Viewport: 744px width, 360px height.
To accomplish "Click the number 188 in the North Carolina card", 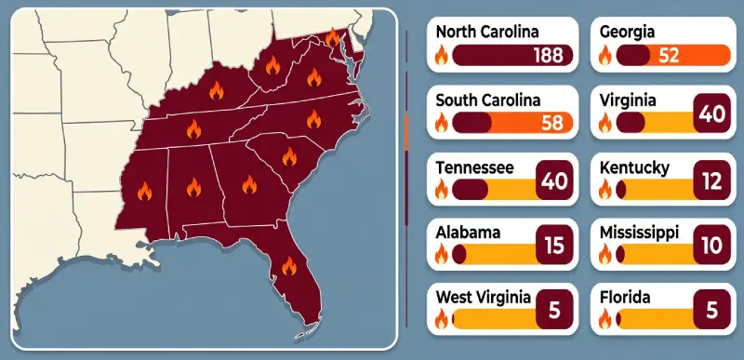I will (549, 55).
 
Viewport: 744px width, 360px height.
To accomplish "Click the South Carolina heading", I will (488, 99).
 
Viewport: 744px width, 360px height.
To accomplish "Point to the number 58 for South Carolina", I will (552, 123).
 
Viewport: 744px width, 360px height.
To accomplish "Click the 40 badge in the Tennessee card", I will (554, 182).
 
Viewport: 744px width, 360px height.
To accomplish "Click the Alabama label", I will (468, 232).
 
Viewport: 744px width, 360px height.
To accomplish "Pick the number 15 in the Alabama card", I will (554, 247).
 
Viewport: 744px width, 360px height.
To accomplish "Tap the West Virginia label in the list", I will (484, 297).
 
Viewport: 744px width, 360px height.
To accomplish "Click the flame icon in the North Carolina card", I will (442, 56).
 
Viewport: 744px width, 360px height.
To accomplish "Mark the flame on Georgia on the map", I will (248, 185).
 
